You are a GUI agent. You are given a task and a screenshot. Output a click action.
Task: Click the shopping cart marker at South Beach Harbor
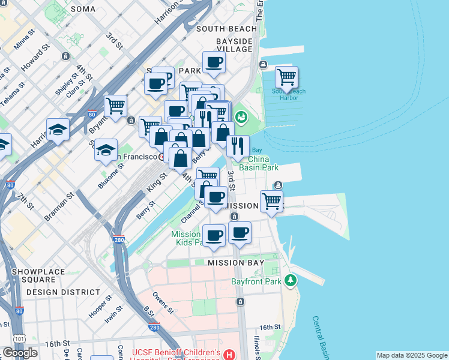pos(287,77)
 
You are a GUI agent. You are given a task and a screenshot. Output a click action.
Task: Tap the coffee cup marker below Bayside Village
pos(214,62)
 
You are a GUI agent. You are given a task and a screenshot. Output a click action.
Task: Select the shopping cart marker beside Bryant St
pos(115,106)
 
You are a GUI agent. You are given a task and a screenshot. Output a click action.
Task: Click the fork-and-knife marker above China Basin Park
pos(238,145)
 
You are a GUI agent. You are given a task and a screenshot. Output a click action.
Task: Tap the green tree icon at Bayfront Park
pos(291,280)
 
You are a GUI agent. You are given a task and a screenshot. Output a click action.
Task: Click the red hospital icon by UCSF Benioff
pos(229,355)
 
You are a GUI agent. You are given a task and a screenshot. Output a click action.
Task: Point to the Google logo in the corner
pos(20,353)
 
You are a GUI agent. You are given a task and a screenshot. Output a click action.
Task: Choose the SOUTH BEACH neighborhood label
pos(226,29)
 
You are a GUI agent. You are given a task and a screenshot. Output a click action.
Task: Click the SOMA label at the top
pos(83,9)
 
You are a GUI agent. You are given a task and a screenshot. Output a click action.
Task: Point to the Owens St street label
pos(163,302)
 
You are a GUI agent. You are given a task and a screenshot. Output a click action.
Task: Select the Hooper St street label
pos(100,306)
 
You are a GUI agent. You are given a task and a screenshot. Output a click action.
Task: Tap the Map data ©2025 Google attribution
pos(412,355)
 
